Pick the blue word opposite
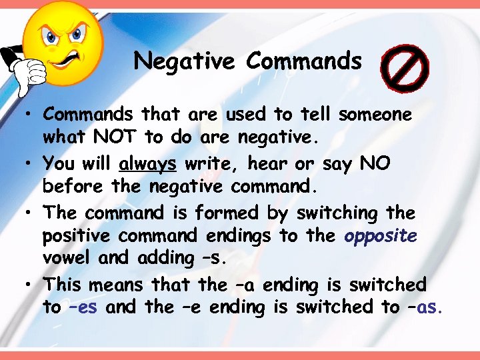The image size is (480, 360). pos(381,235)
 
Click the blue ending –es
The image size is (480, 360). pos(82,307)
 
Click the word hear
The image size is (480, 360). pos(271,163)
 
